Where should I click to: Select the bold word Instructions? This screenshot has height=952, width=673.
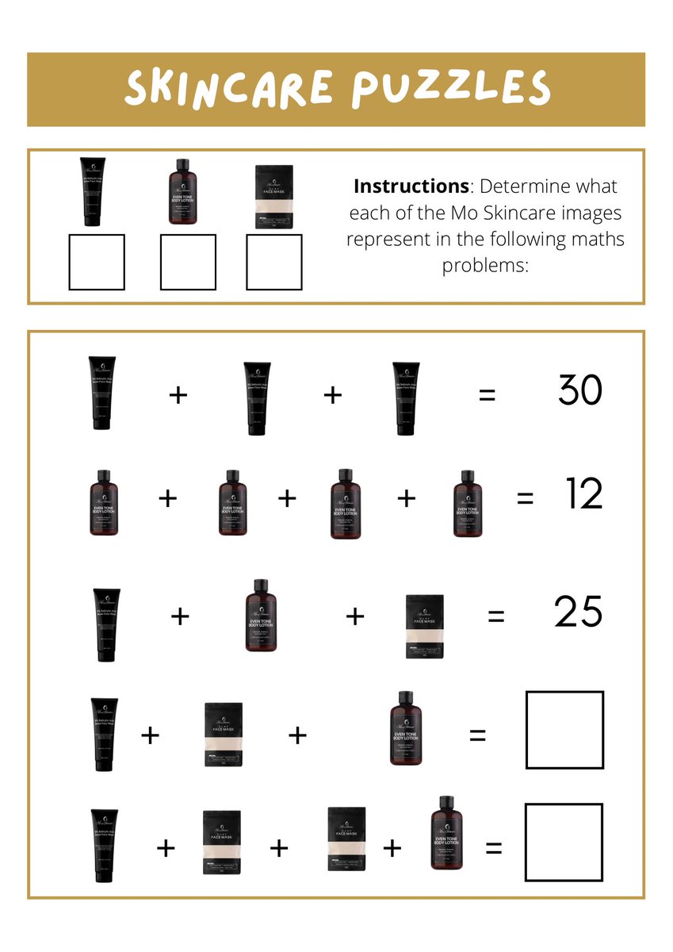click(x=411, y=186)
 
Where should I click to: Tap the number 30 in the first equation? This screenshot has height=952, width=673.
click(x=580, y=390)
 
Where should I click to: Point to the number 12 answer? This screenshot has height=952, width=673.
click(x=584, y=495)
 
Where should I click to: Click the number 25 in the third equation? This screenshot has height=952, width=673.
click(x=579, y=612)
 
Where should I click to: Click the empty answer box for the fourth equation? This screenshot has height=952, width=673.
click(x=564, y=730)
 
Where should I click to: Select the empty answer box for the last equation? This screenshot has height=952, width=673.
click(x=564, y=842)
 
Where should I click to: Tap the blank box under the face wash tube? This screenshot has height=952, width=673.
click(x=96, y=262)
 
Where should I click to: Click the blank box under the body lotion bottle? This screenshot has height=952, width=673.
click(x=188, y=262)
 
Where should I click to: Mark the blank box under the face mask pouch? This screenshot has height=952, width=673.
click(x=273, y=262)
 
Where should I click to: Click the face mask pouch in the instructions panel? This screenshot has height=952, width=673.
click(x=273, y=197)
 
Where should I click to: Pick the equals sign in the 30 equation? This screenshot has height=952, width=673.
click(x=487, y=394)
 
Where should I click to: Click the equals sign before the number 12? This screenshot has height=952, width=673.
click(x=525, y=498)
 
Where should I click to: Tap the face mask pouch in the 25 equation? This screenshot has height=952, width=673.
click(x=425, y=627)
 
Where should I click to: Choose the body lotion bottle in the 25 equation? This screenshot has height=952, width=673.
click(x=261, y=616)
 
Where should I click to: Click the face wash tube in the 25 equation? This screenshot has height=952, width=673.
click(x=107, y=624)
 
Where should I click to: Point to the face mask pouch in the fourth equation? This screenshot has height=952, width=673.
click(x=224, y=734)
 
